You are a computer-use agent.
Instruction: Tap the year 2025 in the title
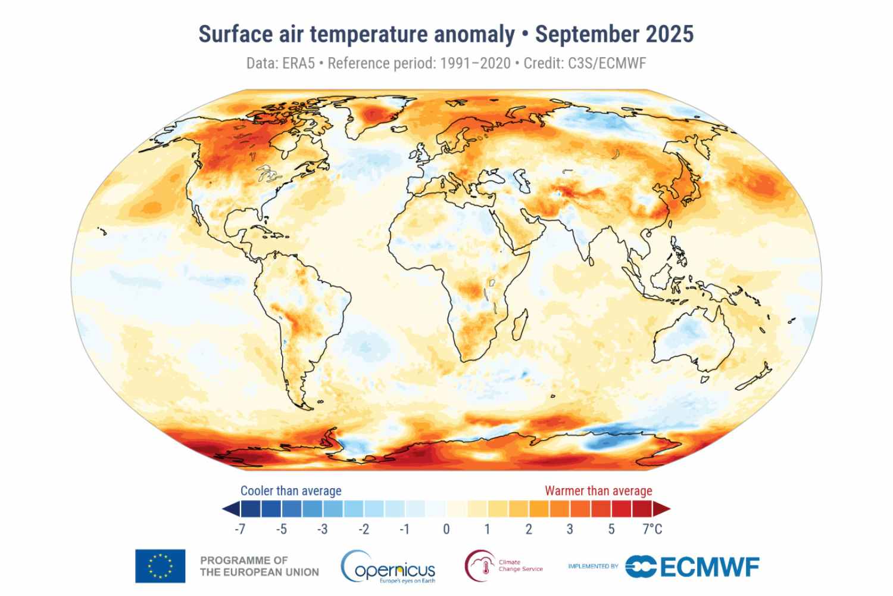point(670,34)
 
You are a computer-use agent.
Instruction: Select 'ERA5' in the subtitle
point(297,63)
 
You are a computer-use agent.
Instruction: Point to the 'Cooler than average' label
point(291,491)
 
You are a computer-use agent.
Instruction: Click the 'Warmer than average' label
point(598,491)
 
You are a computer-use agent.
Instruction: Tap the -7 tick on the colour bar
point(240,529)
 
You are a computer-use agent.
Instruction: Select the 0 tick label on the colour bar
point(446,529)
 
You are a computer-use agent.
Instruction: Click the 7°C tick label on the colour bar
point(652,529)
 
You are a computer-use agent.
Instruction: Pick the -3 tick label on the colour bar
point(322,529)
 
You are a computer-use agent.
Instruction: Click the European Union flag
point(160,566)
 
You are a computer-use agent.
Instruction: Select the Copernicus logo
point(388,567)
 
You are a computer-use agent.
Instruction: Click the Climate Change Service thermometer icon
point(480,565)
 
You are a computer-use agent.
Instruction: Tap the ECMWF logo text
point(708,566)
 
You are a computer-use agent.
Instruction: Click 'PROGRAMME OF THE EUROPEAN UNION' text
point(259,566)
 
